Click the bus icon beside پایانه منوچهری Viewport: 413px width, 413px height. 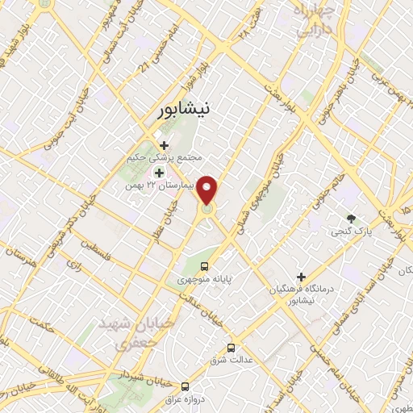pos(204,265)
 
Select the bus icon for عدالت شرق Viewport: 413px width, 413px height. pos(232,348)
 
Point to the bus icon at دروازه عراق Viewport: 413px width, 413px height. pos(186,386)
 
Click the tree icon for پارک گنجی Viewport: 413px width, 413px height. pos(351,219)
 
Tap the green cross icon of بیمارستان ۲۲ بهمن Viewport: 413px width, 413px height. pos(159,173)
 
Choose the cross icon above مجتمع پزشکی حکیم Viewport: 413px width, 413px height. pos(164,146)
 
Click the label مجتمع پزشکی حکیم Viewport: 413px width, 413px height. pos(165,158)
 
